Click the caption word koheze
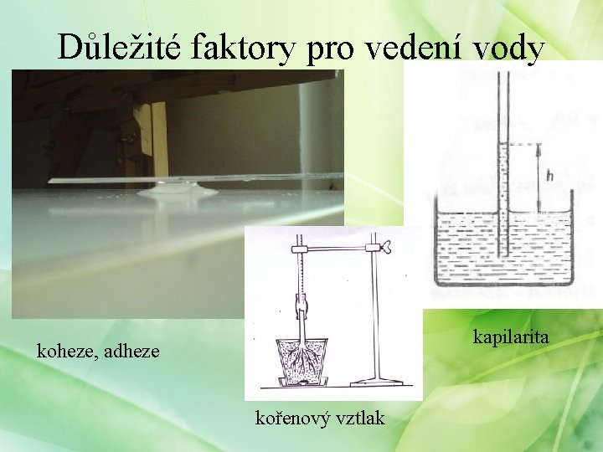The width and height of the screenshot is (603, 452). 68,351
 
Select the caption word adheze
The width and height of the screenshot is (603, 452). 131,351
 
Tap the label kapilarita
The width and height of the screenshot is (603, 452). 511,337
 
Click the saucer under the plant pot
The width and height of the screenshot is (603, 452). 303,383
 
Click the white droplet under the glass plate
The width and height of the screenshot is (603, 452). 177,192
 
